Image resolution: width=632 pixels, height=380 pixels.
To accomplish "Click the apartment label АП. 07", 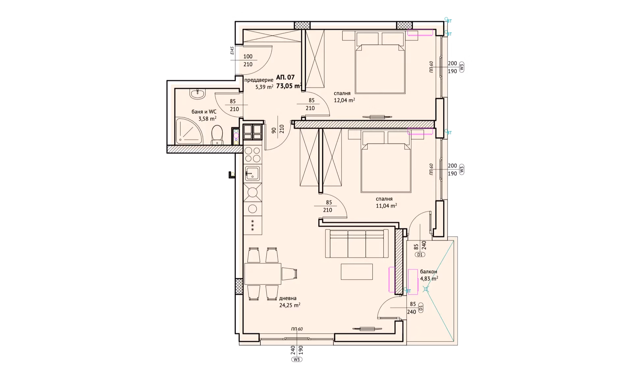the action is coord(285,78).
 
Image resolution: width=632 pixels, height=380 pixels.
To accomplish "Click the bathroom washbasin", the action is coord(197,94).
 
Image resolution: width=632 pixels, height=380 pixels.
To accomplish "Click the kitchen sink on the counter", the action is coord(252,173).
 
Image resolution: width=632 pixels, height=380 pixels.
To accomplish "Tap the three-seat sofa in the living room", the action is coord(356,244).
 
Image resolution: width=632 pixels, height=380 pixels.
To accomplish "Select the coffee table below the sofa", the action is coord(357,272).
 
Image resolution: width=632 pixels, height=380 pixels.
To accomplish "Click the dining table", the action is coord(262,273).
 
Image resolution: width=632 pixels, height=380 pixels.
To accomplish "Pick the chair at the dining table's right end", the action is coord(290,273).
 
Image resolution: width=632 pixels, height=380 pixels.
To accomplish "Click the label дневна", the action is coord(288,298).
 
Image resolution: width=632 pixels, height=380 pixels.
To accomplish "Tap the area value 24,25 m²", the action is coord(290,305).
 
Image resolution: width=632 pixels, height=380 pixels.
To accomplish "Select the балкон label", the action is coord(429,272).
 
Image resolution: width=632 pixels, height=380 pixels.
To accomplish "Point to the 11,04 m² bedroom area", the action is coord(386,206).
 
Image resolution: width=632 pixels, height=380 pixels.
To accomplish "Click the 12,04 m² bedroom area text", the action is coord(344,100).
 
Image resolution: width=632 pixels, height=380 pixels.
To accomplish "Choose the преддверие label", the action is coord(259,80).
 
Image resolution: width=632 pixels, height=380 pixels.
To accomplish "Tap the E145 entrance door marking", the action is coord(232,51).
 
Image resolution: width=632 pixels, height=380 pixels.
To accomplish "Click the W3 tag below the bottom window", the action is coord(297,360).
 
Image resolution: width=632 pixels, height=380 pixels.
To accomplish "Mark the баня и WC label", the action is coord(204,112).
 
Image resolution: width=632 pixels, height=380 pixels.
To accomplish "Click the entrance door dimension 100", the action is coord(248,57).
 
